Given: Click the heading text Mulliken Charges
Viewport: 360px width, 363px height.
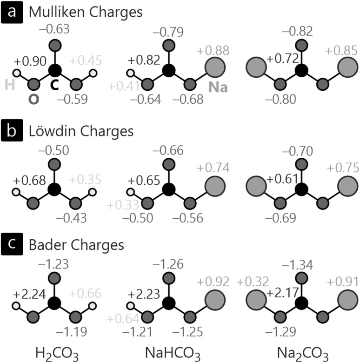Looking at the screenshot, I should click(x=86, y=13).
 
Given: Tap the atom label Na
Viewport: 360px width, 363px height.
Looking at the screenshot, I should click(x=218, y=87).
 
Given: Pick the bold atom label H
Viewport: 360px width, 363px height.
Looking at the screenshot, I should click(x=10, y=85).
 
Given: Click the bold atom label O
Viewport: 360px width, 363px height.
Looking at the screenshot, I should click(x=33, y=99).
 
